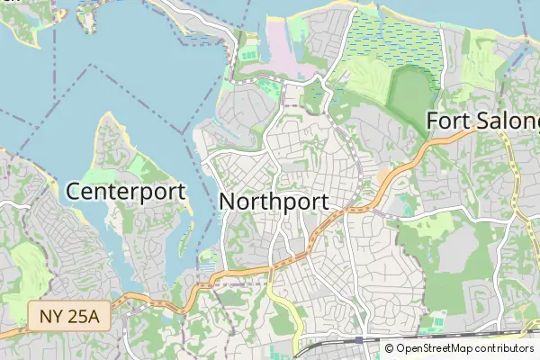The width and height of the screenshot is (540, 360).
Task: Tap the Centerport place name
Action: coord(126,192)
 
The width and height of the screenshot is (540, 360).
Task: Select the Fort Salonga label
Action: coord(482,120)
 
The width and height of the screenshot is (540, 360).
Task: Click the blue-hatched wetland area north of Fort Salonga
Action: coord(396,40)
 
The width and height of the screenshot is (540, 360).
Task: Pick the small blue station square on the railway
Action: coord(359,339)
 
